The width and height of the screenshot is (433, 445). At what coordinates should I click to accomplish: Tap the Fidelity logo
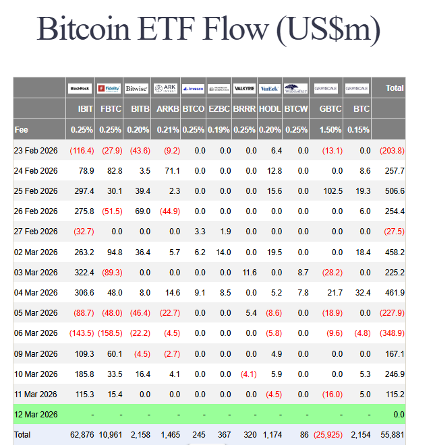coord(109,88)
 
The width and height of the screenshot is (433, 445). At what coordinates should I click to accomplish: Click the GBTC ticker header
coord(330,108)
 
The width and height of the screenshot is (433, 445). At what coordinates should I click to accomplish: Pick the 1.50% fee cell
coord(330,129)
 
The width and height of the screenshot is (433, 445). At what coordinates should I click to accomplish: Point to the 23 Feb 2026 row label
coord(36,151)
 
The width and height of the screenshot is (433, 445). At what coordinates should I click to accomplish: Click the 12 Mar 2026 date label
coord(36,414)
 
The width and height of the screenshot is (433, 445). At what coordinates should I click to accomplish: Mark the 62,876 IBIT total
coord(82,434)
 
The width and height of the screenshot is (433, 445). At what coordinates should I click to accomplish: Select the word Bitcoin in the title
coord(87,29)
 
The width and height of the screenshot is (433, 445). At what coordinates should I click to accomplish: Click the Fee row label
coord(22,129)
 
